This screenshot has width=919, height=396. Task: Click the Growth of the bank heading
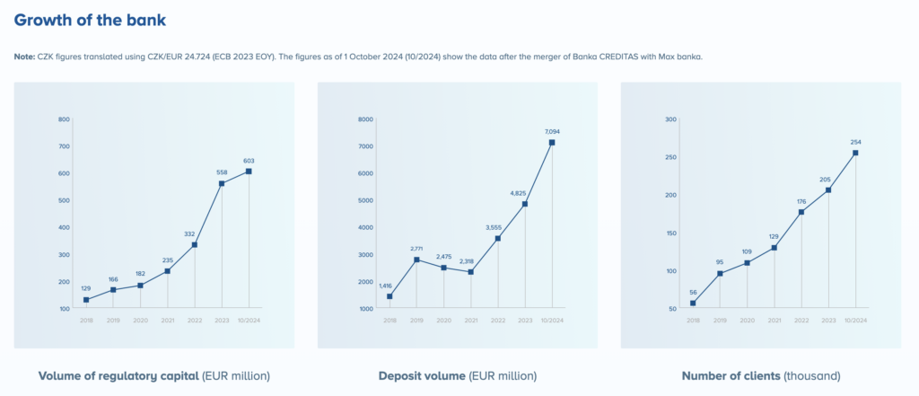point(90,19)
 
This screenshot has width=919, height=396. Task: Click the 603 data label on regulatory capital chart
point(249,161)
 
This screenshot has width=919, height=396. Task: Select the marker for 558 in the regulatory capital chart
point(221,183)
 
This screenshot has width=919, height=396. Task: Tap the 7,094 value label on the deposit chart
point(552,131)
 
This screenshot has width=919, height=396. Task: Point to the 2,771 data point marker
point(416,260)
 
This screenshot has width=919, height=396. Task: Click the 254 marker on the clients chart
point(855,153)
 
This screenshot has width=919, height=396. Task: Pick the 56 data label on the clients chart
point(693,293)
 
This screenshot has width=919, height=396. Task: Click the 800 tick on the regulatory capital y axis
point(64,119)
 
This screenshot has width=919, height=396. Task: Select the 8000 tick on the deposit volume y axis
point(365,119)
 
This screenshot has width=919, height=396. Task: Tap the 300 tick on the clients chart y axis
point(670,119)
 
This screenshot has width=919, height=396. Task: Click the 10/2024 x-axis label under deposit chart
point(552,320)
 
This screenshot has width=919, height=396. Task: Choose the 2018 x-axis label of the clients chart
point(693,320)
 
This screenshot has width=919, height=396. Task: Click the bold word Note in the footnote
point(24,57)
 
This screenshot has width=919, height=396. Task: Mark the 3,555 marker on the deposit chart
point(498,238)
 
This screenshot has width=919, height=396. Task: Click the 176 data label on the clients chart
point(801,201)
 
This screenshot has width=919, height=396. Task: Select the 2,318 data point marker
point(470,271)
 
